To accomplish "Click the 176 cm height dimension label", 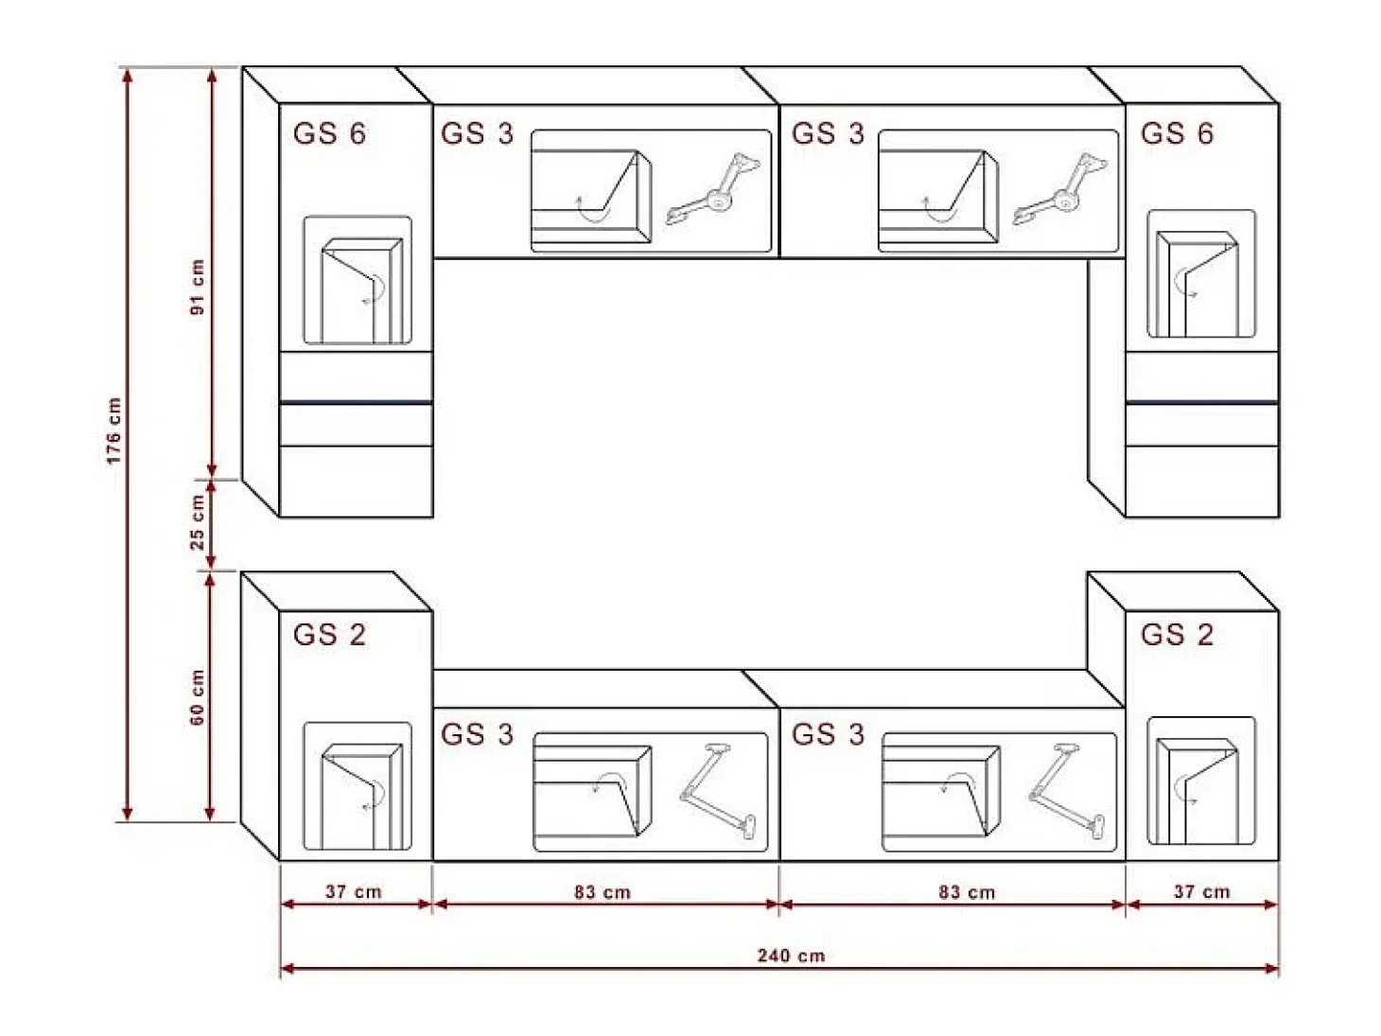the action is [114, 430].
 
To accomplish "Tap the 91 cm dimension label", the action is [198, 287].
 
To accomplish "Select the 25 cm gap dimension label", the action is [198, 522].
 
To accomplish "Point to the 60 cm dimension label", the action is [198, 697].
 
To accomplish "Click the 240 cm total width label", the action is [791, 957].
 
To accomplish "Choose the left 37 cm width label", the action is [354, 891].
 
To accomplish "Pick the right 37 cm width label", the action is [1201, 891].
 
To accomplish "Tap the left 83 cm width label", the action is [603, 892].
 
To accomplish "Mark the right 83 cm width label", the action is [967, 892].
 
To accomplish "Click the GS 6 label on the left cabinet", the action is [330, 133].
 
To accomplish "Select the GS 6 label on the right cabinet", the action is [1177, 133].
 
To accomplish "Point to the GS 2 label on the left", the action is [330, 634].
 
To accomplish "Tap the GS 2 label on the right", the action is [1177, 634].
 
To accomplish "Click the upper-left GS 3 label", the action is [478, 133].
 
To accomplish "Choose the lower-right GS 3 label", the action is [828, 734].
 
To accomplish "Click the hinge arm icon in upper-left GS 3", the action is [713, 188].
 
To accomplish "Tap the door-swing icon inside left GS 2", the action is [362, 796].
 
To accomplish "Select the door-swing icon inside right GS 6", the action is [1197, 284].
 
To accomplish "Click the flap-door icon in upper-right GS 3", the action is [938, 196].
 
